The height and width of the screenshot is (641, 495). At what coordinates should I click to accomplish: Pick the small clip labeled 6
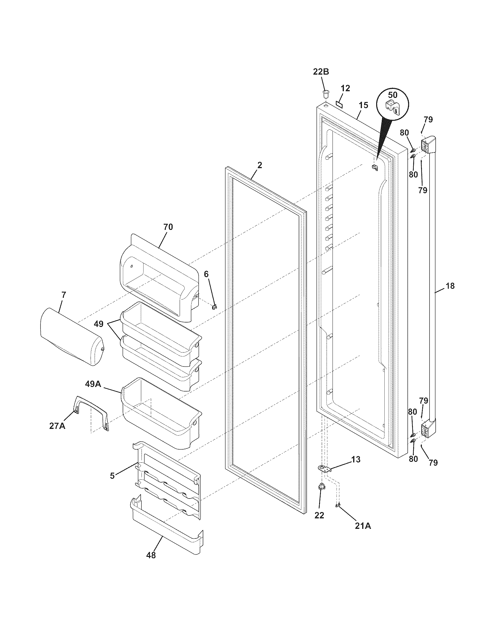click(214, 307)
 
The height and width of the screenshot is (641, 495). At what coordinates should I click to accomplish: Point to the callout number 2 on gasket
click(259, 165)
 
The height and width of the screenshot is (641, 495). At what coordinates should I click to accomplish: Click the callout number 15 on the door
click(363, 105)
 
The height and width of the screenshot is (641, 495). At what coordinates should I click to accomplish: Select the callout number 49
click(98, 324)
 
